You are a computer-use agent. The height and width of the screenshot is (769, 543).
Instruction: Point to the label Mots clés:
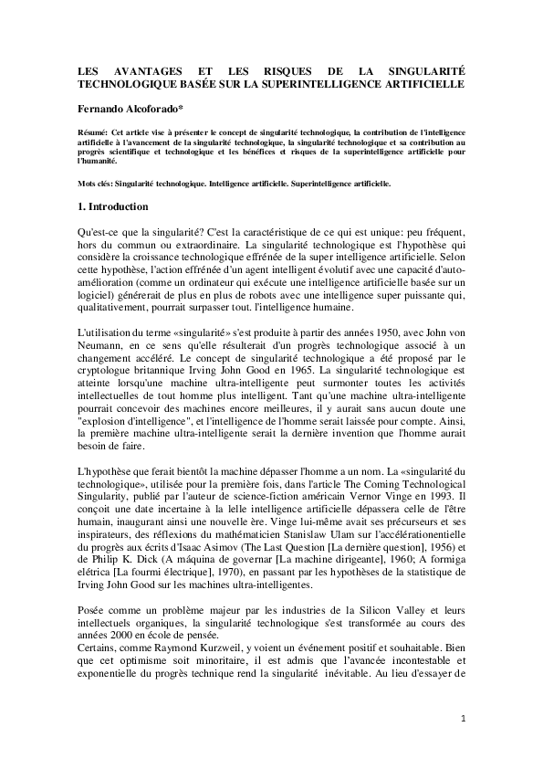[97, 184]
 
